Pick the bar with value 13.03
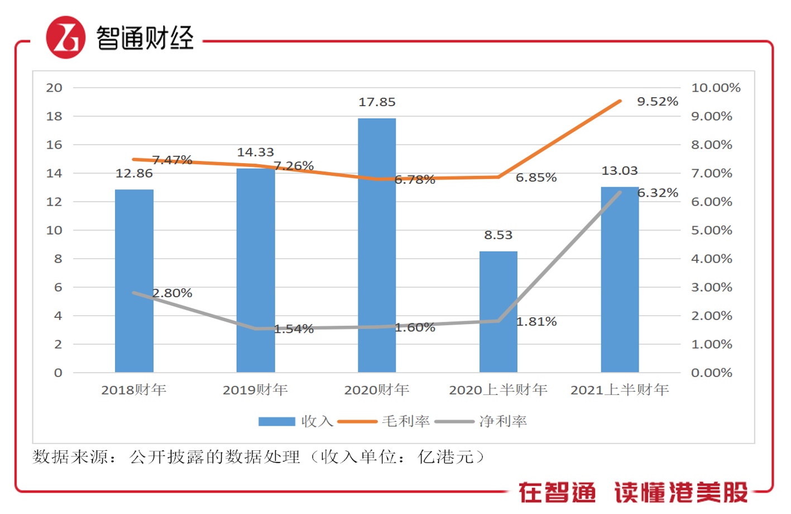click(x=620, y=279)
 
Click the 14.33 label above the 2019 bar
click(x=256, y=152)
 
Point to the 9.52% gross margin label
click(x=658, y=102)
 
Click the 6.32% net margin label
click(x=658, y=193)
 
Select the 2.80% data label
click(x=172, y=293)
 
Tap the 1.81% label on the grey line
click(x=536, y=321)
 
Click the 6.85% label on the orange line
click(x=536, y=178)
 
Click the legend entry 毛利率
click(x=406, y=421)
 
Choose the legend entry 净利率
click(x=503, y=421)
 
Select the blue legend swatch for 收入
click(x=276, y=421)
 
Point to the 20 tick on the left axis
click(x=54, y=88)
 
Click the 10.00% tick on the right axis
click(x=716, y=88)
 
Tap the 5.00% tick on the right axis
click(x=712, y=230)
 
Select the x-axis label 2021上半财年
click(x=620, y=390)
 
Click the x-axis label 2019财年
click(x=255, y=390)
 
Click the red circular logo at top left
click(x=66, y=37)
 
